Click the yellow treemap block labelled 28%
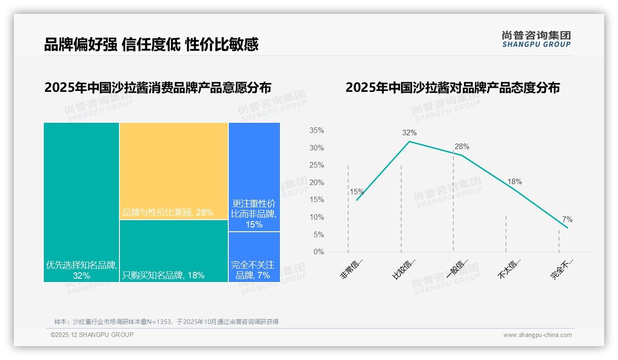pyautogui.click(x=174, y=171)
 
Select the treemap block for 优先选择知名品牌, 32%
pyautogui.click(x=81, y=202)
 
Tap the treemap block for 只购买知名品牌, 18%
pyautogui.click(x=174, y=251)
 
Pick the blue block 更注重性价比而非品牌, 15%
pyautogui.click(x=254, y=177)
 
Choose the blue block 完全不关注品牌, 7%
pyautogui.click(x=254, y=257)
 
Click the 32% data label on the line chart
pyautogui.click(x=409, y=133)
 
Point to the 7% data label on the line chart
pyautogui.click(x=567, y=219)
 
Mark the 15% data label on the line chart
pyautogui.click(x=357, y=192)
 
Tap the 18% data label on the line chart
pyautogui.click(x=514, y=182)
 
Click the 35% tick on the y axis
pyautogui.click(x=316, y=131)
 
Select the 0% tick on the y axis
pyautogui.click(x=318, y=252)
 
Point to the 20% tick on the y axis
pyautogui.click(x=316, y=183)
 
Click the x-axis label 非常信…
pyautogui.click(x=351, y=269)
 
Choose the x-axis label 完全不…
pyautogui.click(x=561, y=269)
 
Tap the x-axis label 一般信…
pyautogui.click(x=457, y=269)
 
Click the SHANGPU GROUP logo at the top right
pyautogui.click(x=536, y=39)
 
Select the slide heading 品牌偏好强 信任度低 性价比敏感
pyautogui.click(x=151, y=44)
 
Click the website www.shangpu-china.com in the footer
pyautogui.click(x=537, y=335)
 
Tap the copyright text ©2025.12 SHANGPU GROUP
pyautogui.click(x=92, y=335)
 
